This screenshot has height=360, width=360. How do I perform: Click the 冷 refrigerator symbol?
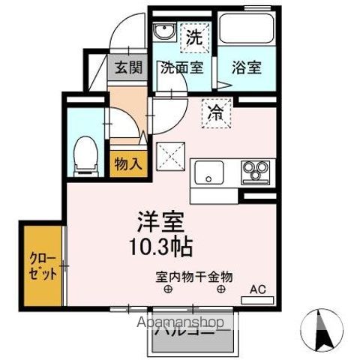point(215,114)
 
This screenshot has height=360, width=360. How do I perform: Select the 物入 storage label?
point(127,163)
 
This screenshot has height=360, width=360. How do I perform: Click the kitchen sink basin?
point(209,173)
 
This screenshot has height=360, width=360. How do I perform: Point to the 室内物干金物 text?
point(194,276)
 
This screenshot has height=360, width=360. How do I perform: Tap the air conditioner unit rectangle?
point(257,301)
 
